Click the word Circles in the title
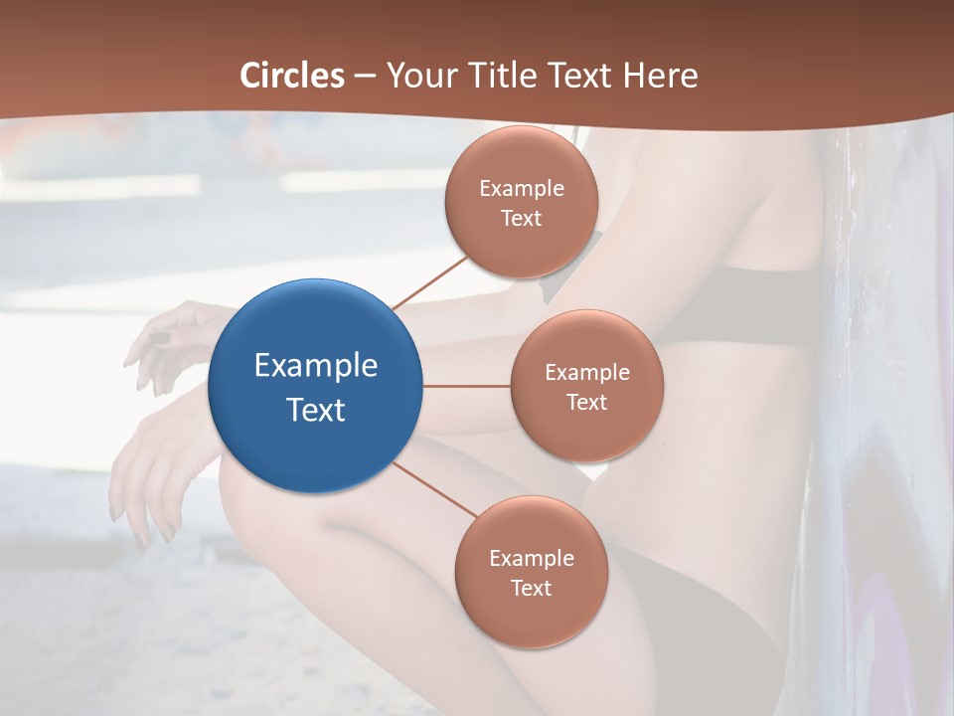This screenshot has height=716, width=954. (292, 76)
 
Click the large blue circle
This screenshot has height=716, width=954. (315, 386)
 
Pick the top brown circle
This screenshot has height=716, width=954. (522, 202)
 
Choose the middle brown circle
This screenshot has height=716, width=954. (586, 386)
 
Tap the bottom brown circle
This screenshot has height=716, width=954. (531, 572)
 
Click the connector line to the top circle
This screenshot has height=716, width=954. (429, 282)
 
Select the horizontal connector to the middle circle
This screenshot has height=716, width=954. (466, 386)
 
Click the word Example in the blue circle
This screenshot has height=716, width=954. (315, 366)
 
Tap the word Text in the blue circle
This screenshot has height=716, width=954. (315, 410)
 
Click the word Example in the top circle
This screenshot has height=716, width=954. (522, 188)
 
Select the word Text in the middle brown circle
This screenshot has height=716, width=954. (586, 402)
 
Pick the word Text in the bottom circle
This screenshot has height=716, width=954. (531, 588)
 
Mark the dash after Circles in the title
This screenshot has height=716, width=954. (365, 77)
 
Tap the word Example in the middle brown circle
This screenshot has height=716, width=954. (586, 373)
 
